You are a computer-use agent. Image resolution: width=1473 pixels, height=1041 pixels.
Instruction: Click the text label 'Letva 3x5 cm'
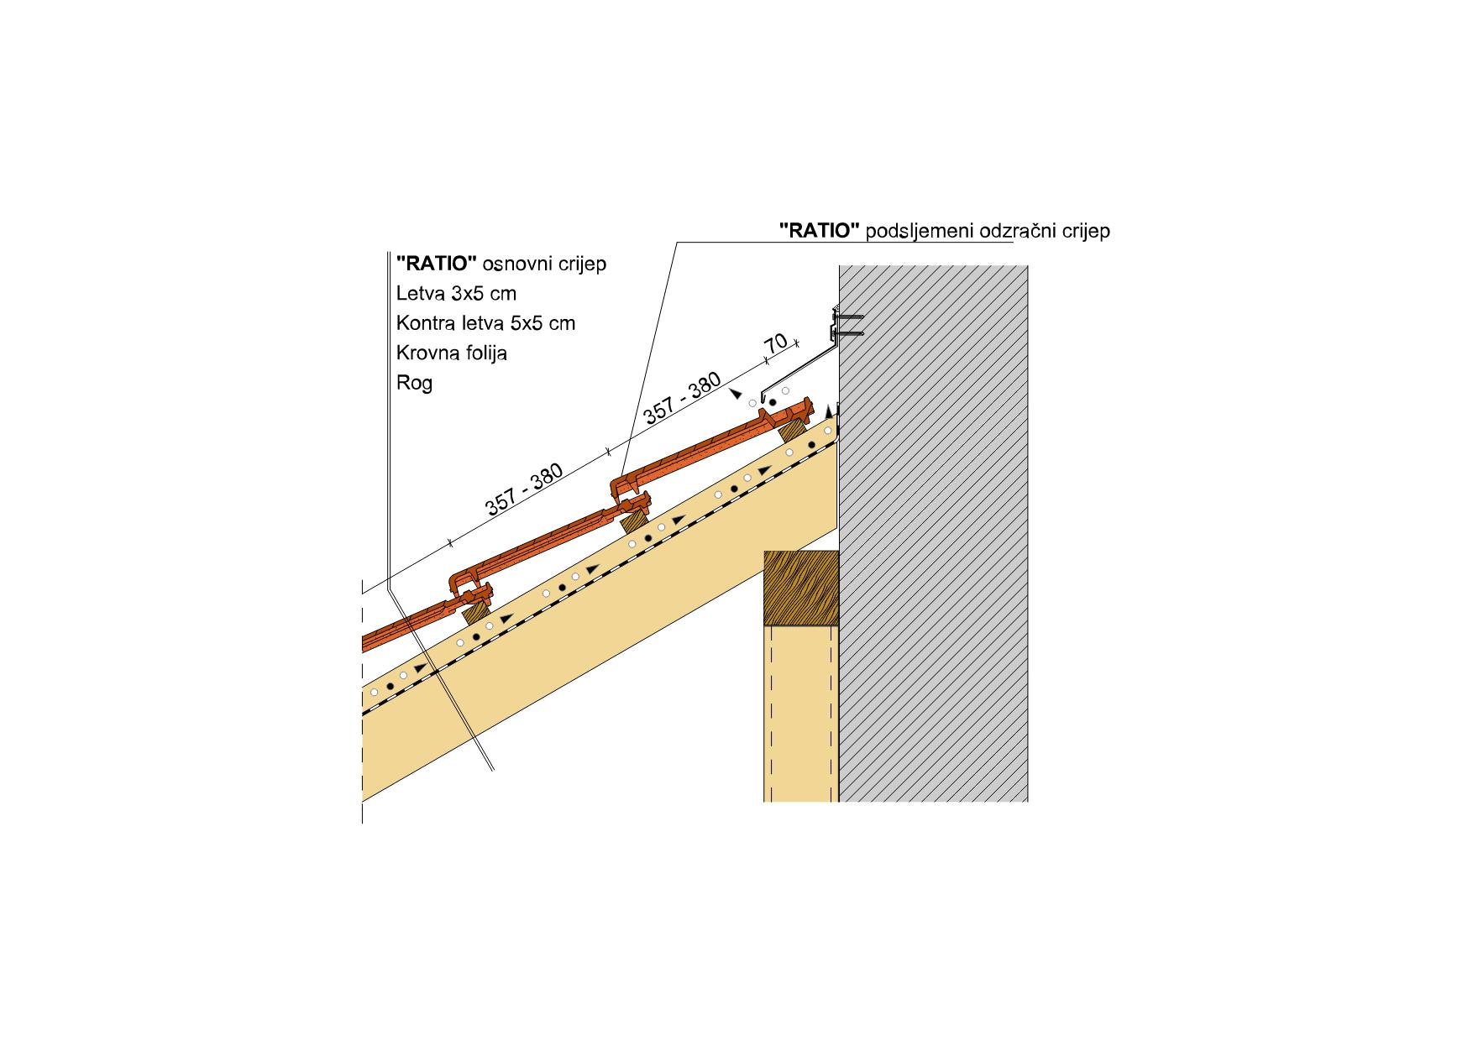point(456,294)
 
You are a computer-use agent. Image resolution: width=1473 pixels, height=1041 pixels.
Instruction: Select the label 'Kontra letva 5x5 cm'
point(485,323)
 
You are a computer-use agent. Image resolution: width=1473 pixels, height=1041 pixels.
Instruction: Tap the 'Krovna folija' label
point(452,353)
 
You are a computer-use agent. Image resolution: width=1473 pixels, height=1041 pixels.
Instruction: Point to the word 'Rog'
point(414,384)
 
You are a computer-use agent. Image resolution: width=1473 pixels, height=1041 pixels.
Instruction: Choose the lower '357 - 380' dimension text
point(524,489)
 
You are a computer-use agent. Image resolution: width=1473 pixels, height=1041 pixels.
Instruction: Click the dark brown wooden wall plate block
point(801,588)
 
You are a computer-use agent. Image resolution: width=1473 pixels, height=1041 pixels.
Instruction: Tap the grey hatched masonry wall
point(933,533)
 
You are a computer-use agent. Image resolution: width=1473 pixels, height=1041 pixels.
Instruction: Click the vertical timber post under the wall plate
point(800,714)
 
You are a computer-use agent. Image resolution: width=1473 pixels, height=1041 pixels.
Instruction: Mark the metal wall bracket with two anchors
point(847,324)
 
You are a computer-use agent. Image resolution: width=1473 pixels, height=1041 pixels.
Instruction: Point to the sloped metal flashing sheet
point(798,369)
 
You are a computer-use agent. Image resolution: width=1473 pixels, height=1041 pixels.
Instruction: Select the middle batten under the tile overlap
point(634,520)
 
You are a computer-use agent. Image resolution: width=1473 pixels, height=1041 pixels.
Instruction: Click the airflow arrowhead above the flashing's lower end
point(736,393)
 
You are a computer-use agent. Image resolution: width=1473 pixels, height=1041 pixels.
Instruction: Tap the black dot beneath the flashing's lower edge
point(773,403)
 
